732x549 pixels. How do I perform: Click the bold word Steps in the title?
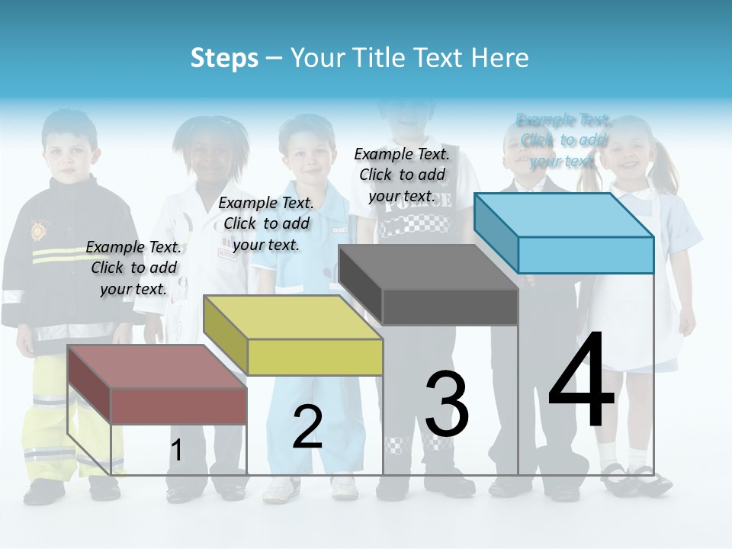(224, 58)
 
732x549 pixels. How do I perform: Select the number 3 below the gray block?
(447, 403)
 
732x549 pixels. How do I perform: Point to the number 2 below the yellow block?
(307, 427)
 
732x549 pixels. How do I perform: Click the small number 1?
(176, 451)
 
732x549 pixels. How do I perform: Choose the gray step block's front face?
(450, 307)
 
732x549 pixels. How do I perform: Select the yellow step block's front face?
(315, 357)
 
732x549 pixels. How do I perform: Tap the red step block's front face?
(179, 406)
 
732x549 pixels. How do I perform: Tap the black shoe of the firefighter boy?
(43, 493)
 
